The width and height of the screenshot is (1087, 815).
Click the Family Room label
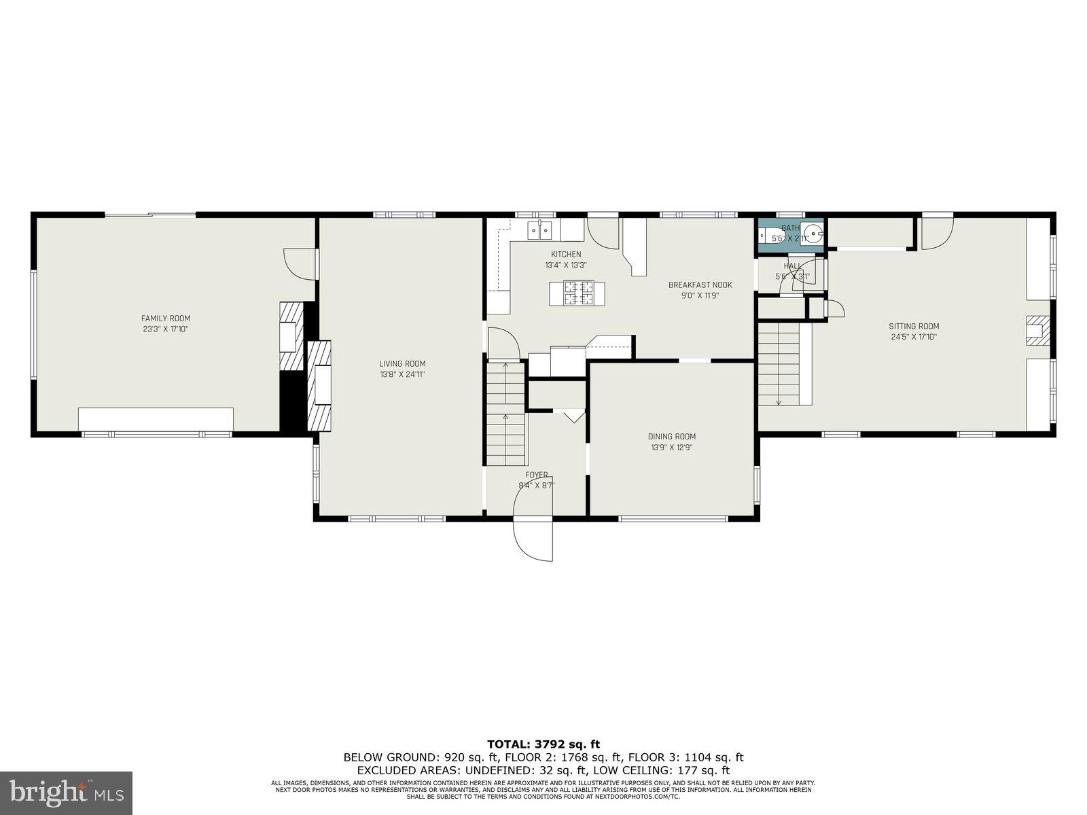coord(165,319)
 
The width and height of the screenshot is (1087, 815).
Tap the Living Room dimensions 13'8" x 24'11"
coord(402,374)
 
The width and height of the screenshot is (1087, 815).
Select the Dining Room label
coord(671,437)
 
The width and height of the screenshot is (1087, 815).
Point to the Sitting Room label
coord(914,326)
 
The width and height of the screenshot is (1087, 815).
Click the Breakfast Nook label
coord(700,285)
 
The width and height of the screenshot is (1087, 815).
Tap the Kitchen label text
coord(565,254)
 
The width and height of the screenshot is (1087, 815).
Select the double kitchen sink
coord(541,230)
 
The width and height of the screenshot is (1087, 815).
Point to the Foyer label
coord(536,475)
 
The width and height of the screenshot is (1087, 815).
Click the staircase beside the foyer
coord(506,414)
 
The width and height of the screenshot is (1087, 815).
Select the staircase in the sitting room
coord(780,364)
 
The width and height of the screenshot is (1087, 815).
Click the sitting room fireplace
coord(1037,330)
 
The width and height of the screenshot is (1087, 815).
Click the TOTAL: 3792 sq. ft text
coord(543,744)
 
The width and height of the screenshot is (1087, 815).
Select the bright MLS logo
coord(66,793)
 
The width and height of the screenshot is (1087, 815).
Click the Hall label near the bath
coord(791,266)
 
